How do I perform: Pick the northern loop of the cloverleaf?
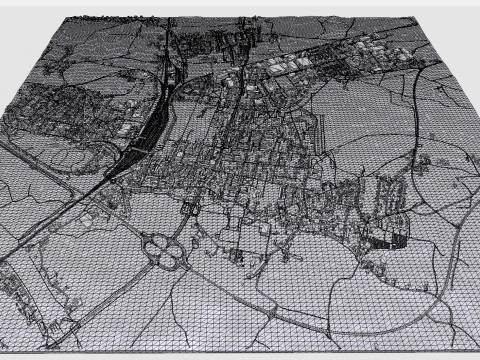158,239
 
